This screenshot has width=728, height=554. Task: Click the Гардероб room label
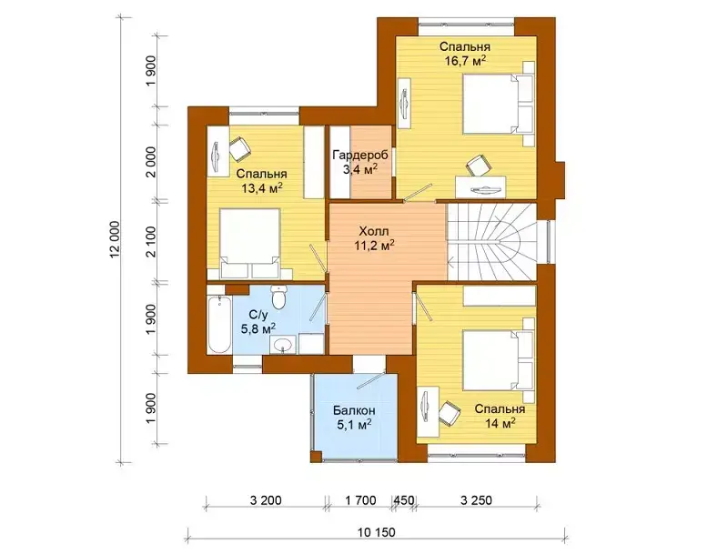(x=360, y=155)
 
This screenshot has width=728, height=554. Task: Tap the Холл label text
(x=374, y=230)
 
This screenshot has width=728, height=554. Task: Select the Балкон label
(x=354, y=410)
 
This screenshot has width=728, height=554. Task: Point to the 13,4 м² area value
(x=262, y=187)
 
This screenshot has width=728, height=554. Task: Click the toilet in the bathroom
(x=278, y=297)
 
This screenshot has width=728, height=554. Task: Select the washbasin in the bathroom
(x=282, y=344)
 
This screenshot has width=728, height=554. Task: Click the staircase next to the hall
(x=492, y=241)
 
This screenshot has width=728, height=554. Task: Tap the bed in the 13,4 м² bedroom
(x=249, y=243)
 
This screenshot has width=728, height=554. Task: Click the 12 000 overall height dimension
(x=116, y=238)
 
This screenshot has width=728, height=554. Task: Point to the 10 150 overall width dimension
(x=377, y=532)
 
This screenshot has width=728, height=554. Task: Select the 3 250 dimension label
(x=476, y=500)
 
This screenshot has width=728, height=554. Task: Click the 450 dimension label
(x=404, y=500)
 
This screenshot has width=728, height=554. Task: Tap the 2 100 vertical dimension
(x=151, y=241)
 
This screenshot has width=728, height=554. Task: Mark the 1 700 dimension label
(x=360, y=500)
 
